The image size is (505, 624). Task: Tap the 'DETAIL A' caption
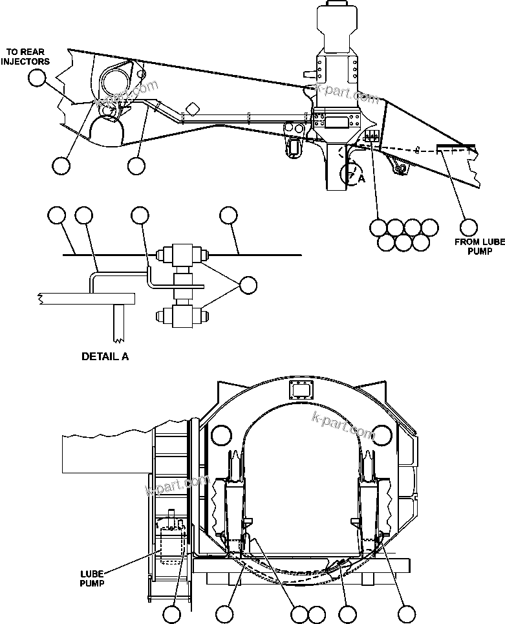click(x=105, y=356)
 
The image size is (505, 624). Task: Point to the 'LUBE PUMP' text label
click(x=92, y=577)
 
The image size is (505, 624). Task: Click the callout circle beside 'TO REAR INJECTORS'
click(x=38, y=78)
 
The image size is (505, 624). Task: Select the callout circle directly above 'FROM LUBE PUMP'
click(x=469, y=226)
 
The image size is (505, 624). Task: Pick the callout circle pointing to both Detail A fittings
click(x=248, y=284)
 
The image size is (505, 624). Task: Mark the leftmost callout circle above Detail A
click(x=57, y=215)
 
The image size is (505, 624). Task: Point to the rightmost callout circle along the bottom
click(x=406, y=613)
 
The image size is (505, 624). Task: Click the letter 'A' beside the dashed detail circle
click(x=361, y=180)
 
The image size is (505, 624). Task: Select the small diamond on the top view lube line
click(x=192, y=108)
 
